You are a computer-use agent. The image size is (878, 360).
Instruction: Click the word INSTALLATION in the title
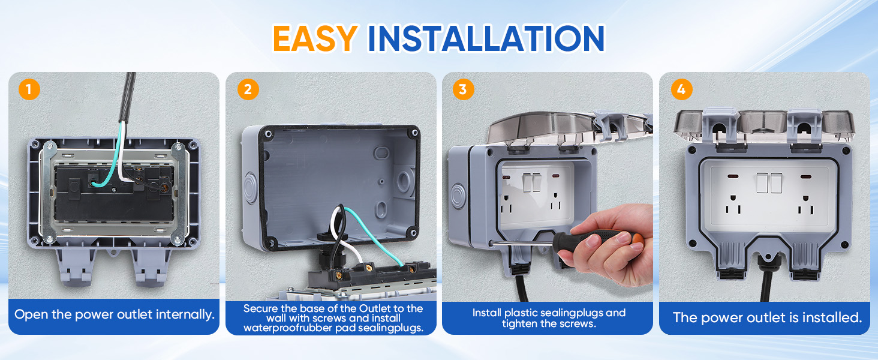[x=486, y=38]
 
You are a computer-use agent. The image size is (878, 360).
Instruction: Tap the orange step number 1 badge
[x=29, y=90]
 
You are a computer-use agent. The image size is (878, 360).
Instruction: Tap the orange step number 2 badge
[x=247, y=90]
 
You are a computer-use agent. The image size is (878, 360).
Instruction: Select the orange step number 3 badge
[x=463, y=90]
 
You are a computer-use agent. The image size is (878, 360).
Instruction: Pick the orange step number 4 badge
[x=681, y=90]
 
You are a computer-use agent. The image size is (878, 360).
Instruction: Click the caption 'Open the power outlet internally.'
[x=114, y=314]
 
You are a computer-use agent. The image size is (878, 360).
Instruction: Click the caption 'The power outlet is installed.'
[x=766, y=317]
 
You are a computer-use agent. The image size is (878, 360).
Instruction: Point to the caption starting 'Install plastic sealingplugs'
[x=548, y=318]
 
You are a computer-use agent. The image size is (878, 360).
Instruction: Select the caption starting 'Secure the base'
[x=333, y=318]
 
